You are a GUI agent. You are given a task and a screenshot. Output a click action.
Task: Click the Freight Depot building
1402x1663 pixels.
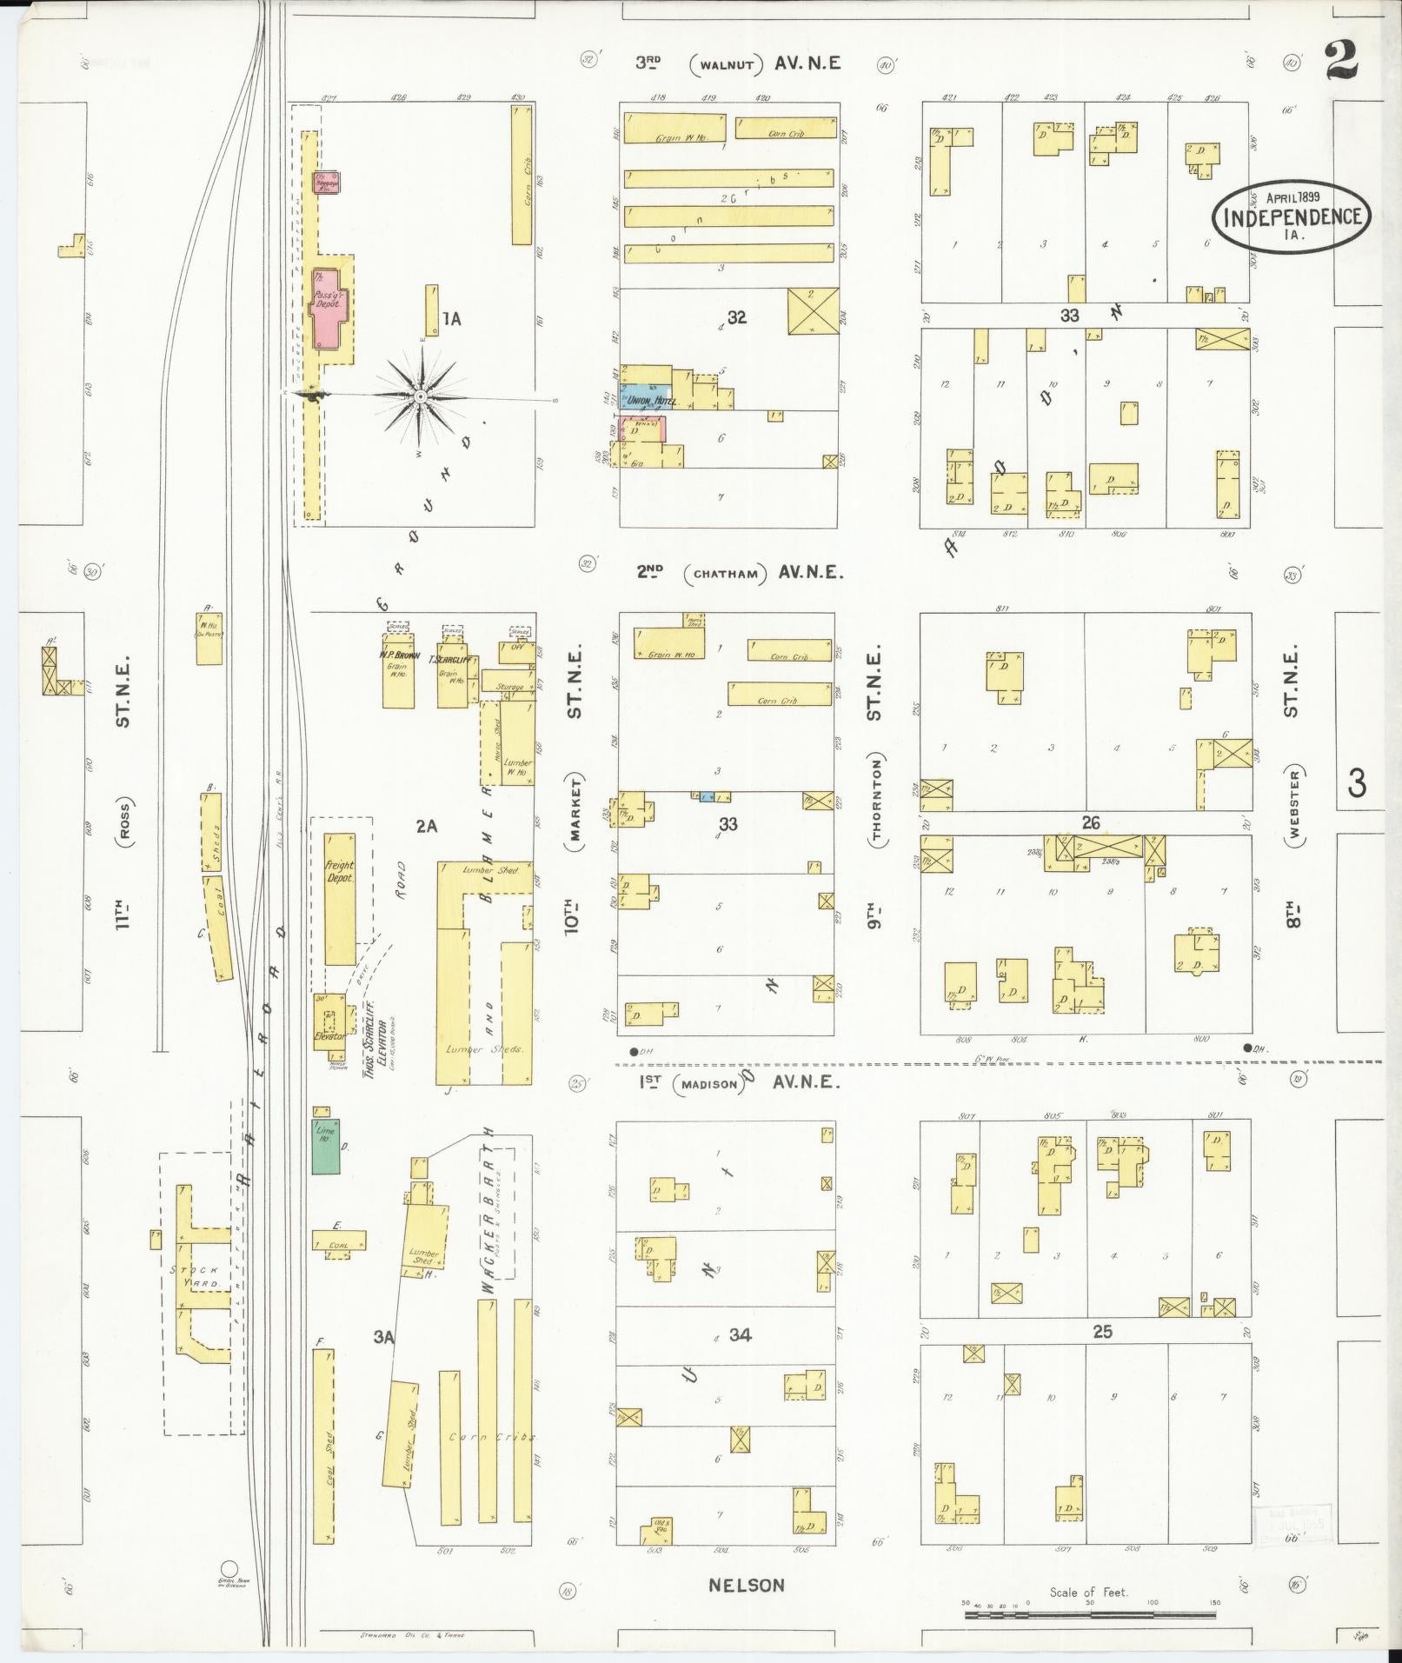point(340,899)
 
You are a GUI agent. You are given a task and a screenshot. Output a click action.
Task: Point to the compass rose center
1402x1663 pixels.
point(421,396)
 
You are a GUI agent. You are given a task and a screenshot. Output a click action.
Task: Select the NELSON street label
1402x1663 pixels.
point(746,1585)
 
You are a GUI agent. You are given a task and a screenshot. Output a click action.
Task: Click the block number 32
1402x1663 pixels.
point(736,317)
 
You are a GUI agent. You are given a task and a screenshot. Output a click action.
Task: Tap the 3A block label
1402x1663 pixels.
point(384,1363)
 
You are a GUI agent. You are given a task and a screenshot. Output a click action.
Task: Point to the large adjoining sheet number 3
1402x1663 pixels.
point(1356,784)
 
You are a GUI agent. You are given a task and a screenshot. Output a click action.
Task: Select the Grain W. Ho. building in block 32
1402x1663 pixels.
point(674,128)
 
